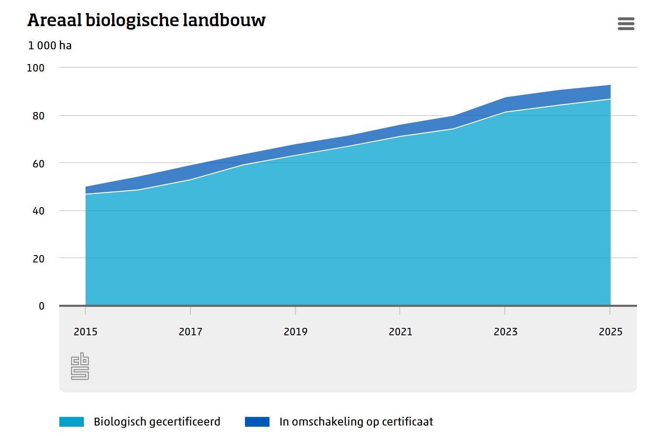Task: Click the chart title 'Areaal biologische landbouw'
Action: pos(146,20)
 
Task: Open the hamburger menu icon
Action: pos(626,24)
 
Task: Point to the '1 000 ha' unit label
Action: pos(50,45)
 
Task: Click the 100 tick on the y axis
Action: pos(36,68)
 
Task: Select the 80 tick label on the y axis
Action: pos(38,116)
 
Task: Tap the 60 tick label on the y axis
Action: pos(38,164)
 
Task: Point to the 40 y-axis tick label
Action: pos(38,211)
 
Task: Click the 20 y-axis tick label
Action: pos(38,259)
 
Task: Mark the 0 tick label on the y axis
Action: pos(41,306)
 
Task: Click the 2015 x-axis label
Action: pos(86,332)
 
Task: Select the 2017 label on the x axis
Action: pos(190,332)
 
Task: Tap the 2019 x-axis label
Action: pos(296,332)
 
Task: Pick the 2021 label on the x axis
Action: pos(400,332)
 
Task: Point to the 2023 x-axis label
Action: pos(505,332)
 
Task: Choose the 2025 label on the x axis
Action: pos(610,332)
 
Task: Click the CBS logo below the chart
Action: pos(80,366)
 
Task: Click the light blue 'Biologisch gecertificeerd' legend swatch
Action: pos(72,422)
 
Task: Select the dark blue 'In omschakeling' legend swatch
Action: pos(257,422)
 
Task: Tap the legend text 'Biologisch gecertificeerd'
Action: pos(157,422)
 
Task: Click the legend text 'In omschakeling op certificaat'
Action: pos(356,422)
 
